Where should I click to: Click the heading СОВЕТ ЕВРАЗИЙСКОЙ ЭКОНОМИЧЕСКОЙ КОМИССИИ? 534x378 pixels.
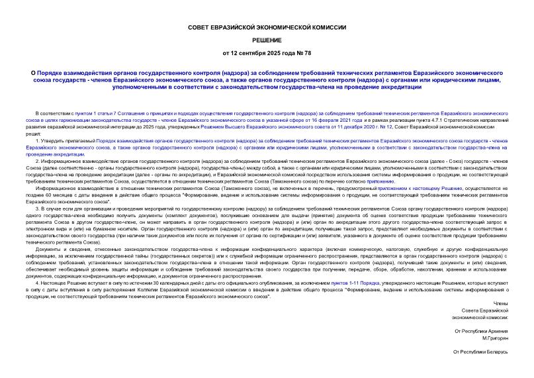pos(267,28)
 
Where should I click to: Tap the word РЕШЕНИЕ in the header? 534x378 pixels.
pos(267,40)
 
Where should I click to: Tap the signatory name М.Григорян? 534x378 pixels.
pos(493,338)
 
